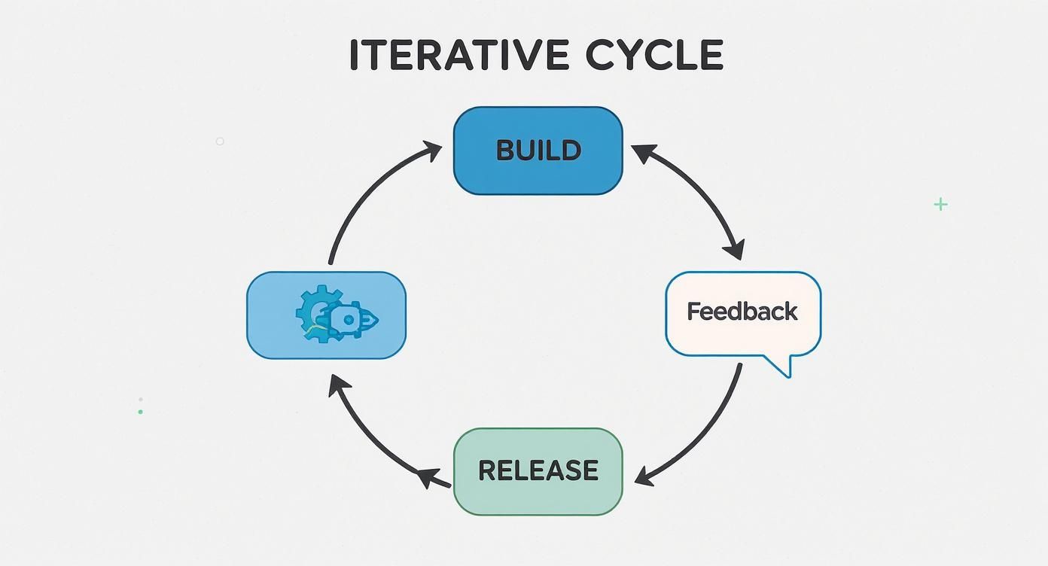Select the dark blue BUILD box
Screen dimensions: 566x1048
click(x=538, y=151)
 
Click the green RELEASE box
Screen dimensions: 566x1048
click(x=538, y=471)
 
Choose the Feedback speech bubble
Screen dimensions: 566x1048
click(x=742, y=312)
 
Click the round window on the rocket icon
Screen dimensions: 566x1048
click(x=348, y=320)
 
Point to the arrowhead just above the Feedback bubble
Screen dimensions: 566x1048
click(x=735, y=249)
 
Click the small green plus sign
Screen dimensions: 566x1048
click(x=940, y=204)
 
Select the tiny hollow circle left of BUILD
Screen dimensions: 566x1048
click(x=220, y=141)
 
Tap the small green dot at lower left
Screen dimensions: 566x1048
click(x=140, y=412)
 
